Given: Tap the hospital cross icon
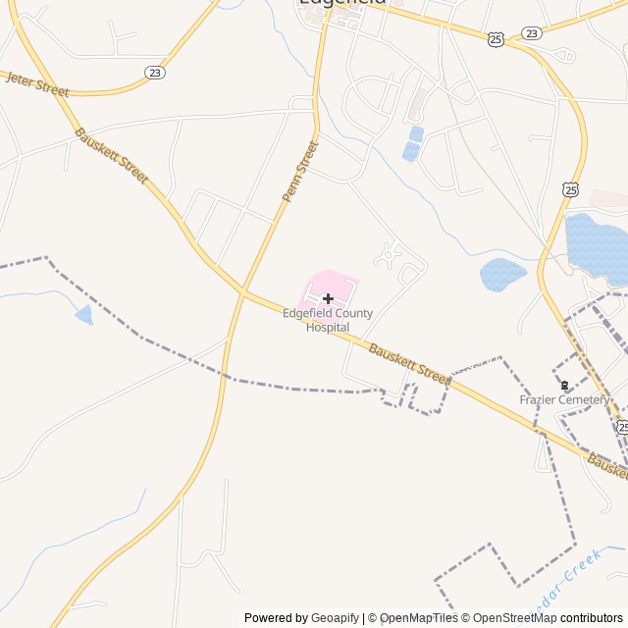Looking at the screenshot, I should point(328,297).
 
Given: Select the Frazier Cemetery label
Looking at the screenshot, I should point(564,399).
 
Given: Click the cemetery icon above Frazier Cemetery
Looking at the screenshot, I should point(564,385).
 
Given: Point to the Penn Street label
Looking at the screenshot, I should point(300,172).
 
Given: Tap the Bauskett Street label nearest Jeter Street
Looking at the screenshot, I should point(110,157).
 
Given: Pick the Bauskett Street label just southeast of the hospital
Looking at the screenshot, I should point(409,363).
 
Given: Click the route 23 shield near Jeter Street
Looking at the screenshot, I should point(154,73).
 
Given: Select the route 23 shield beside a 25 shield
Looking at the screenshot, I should point(532,32).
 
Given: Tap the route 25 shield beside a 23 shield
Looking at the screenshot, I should point(496,38).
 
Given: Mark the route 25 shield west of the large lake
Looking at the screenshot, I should point(571,188).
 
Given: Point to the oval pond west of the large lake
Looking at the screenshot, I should point(502,274).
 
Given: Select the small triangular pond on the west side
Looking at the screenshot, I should point(84,315).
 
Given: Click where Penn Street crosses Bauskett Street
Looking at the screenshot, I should point(241,291).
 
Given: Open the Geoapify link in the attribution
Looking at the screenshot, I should point(335,618).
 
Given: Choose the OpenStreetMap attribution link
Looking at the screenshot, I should point(511,618).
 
